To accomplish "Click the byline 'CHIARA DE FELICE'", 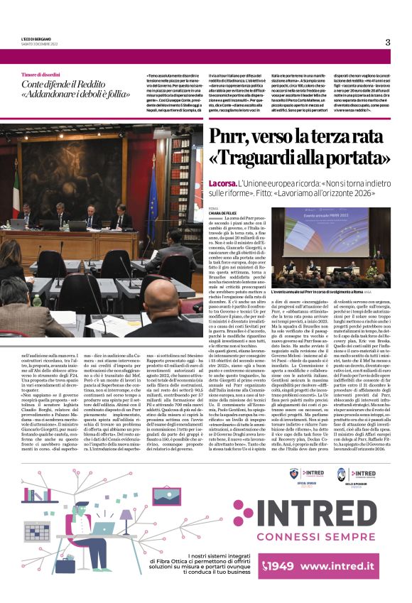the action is [223, 212].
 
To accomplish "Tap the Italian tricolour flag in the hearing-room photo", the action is [16, 192].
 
